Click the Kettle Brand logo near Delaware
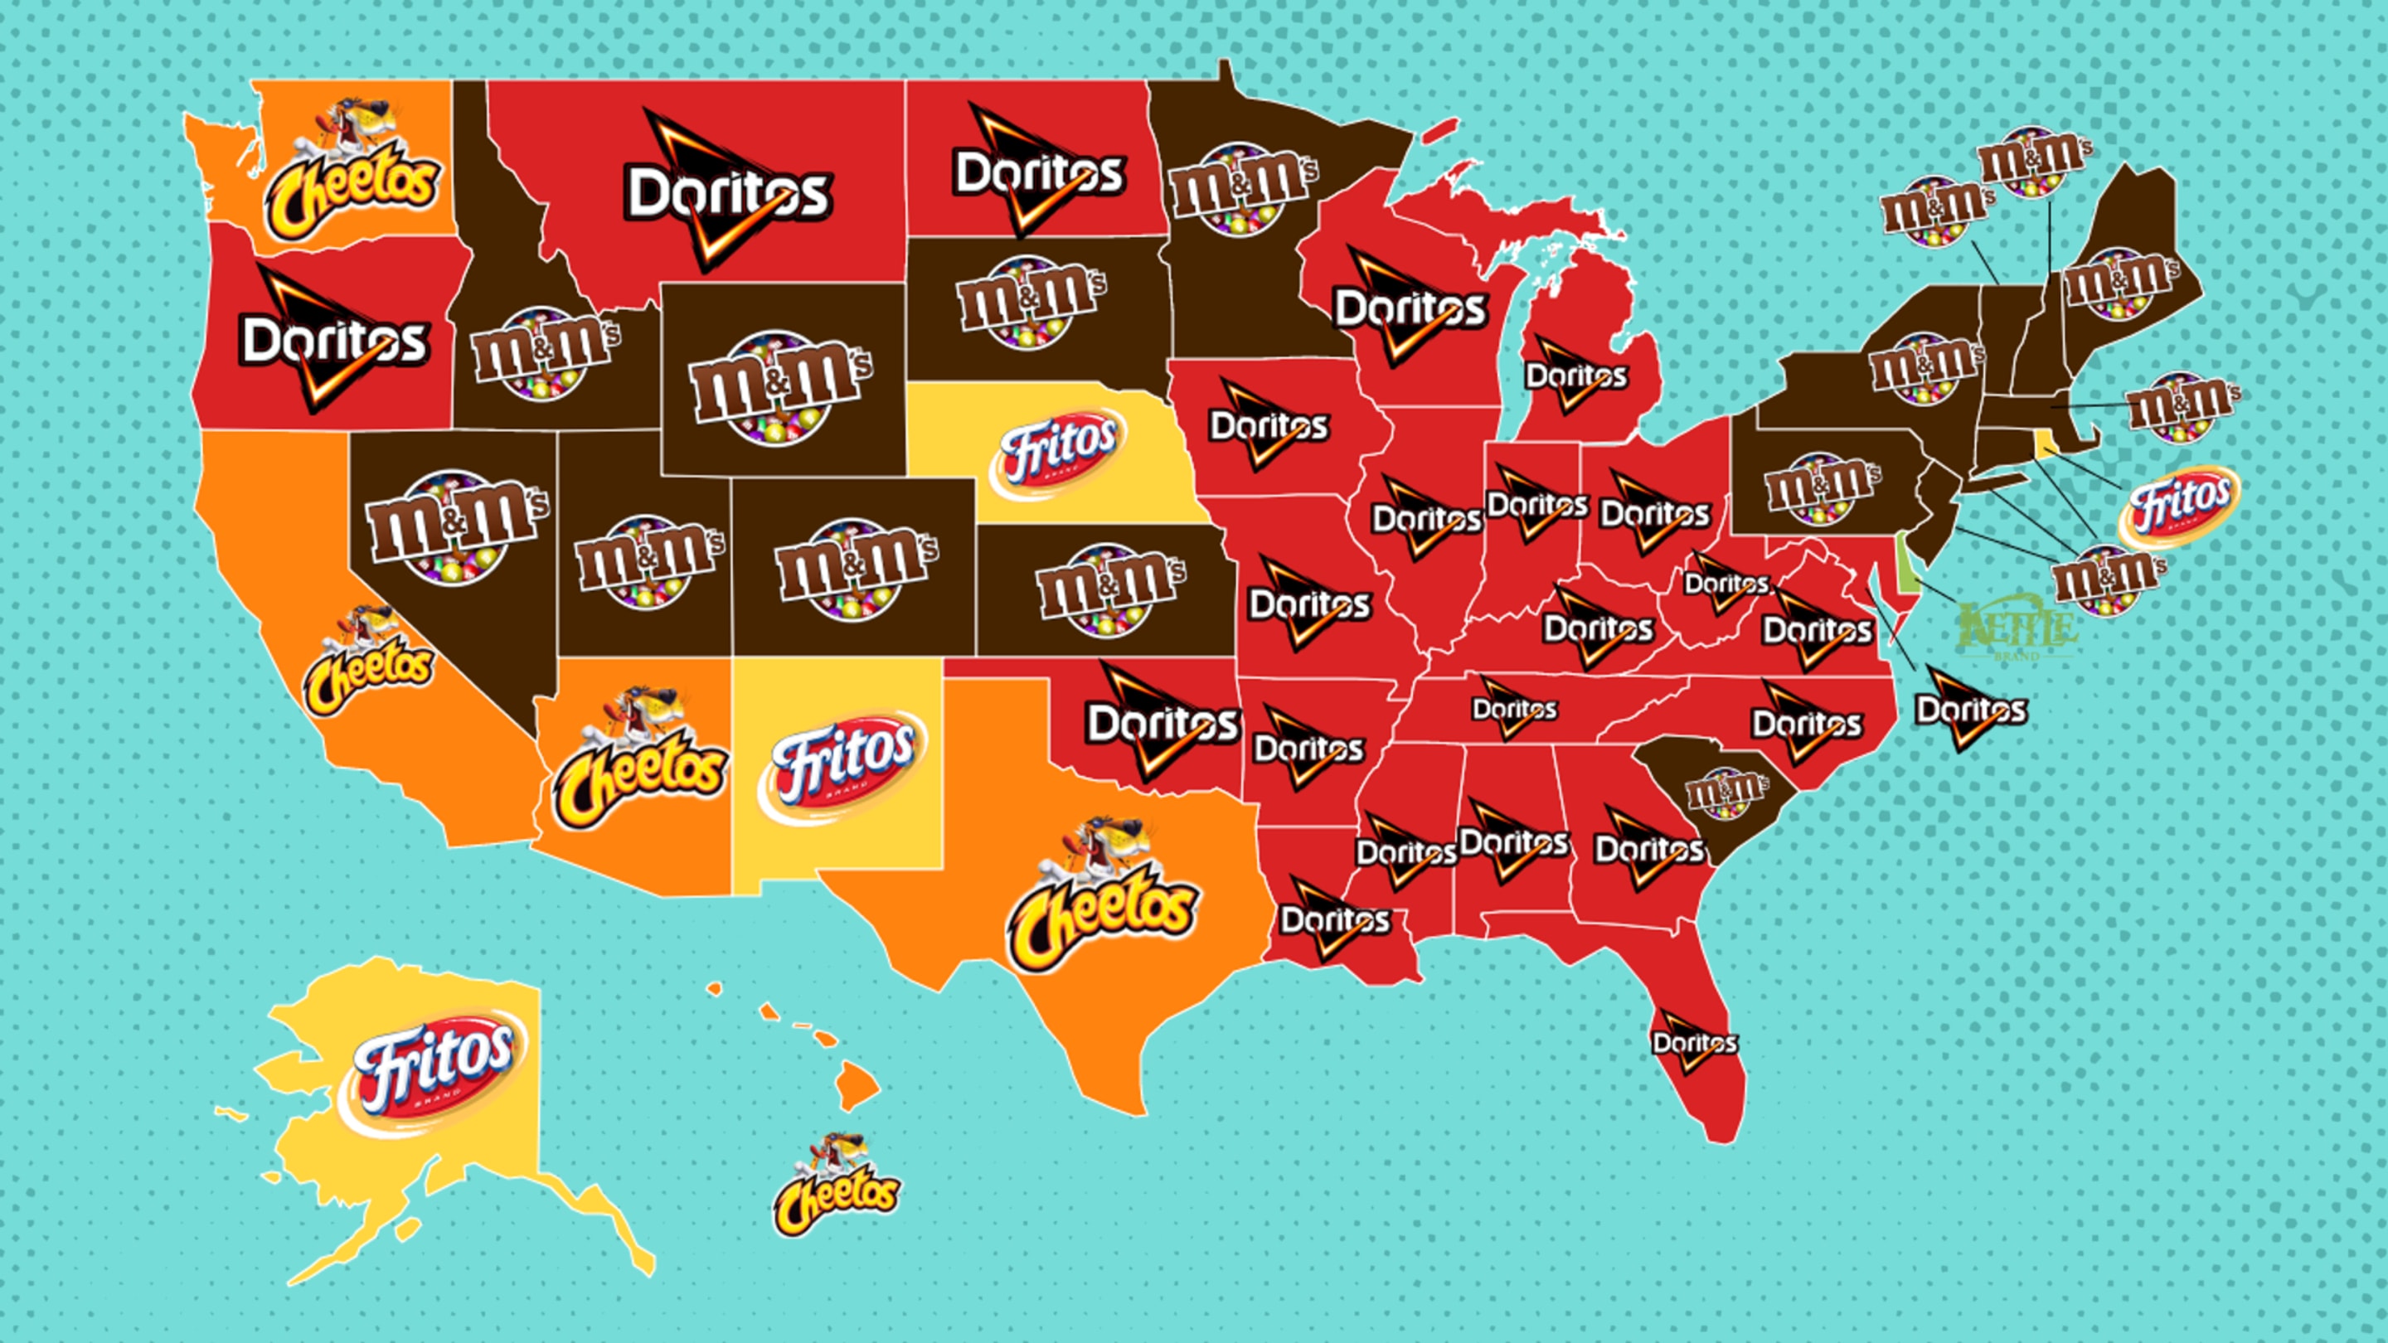tap(2017, 630)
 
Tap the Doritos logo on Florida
tap(1694, 1043)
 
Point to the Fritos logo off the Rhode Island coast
tap(2178, 506)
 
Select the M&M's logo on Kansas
tap(1109, 589)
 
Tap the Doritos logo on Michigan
tap(1575, 376)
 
